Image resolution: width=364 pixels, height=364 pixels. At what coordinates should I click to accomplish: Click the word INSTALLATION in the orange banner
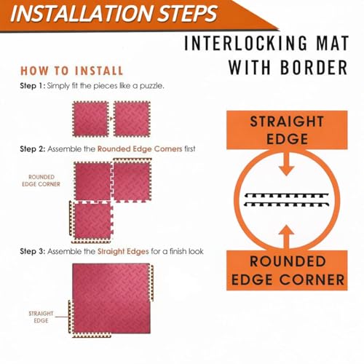pyautogui.click(x=82, y=13)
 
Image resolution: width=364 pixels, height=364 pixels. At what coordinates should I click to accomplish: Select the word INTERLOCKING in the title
pyautogui.click(x=245, y=43)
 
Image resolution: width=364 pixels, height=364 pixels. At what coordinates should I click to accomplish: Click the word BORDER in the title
pyautogui.click(x=314, y=67)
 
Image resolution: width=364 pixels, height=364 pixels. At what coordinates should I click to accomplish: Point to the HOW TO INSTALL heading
pyautogui.click(x=72, y=71)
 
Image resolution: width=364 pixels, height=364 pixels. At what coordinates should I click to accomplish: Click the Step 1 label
pyautogui.click(x=33, y=86)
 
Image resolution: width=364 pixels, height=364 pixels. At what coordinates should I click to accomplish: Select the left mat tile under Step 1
pyautogui.click(x=90, y=119)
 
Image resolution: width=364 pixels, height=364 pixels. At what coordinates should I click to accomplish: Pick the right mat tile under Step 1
pyautogui.click(x=132, y=119)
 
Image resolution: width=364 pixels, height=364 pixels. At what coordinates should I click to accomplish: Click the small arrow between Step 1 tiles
pyautogui.click(x=111, y=119)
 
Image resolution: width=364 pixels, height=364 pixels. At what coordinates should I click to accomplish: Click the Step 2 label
pyautogui.click(x=33, y=149)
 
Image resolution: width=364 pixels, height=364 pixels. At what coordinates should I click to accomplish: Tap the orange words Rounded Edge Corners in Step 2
pyautogui.click(x=140, y=149)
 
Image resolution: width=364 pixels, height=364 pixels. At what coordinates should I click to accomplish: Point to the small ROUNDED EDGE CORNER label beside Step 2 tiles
pyautogui.click(x=41, y=181)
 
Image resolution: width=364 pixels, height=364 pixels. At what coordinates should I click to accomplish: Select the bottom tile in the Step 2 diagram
pyautogui.click(x=92, y=222)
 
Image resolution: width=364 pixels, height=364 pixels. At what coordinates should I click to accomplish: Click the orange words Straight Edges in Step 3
pyautogui.click(x=123, y=251)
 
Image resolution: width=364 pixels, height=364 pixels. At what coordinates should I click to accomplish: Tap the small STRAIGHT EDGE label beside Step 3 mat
pyautogui.click(x=41, y=317)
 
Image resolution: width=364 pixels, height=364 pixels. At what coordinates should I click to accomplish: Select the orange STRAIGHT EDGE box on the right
pyautogui.click(x=287, y=130)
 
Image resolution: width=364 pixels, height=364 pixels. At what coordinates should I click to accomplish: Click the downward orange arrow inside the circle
pyautogui.click(x=287, y=163)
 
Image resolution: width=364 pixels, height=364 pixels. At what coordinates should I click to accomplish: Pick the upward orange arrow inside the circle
pyautogui.click(x=287, y=237)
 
